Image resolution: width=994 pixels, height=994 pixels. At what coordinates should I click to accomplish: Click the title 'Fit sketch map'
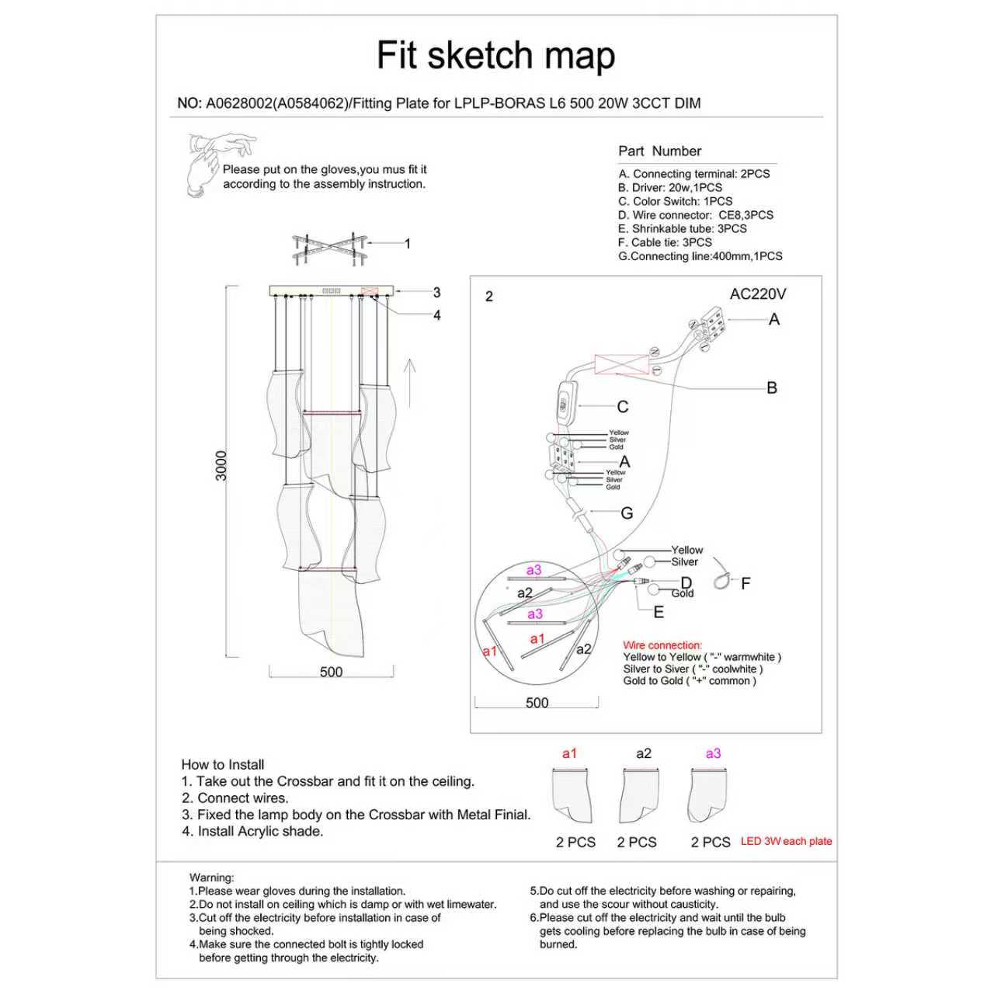(495, 56)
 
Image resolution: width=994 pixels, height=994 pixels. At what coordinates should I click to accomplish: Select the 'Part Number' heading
(659, 151)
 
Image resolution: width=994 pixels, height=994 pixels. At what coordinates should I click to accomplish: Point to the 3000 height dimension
(222, 466)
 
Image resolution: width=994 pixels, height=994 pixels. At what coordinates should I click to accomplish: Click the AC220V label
(757, 294)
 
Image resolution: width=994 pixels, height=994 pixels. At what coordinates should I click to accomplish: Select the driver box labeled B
(621, 364)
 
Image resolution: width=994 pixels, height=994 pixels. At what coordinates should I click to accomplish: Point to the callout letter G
(627, 513)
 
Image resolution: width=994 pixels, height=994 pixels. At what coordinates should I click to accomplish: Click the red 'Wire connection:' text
(662, 645)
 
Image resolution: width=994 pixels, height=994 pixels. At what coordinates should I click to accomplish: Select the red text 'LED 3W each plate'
(786, 841)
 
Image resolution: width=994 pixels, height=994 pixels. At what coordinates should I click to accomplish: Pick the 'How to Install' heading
(223, 765)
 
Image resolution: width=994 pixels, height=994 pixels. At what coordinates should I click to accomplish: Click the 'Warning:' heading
(211, 878)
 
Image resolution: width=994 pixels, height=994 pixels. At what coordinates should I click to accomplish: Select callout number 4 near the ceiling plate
(437, 315)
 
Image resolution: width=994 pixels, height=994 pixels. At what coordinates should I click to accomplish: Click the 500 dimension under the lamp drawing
(331, 673)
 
